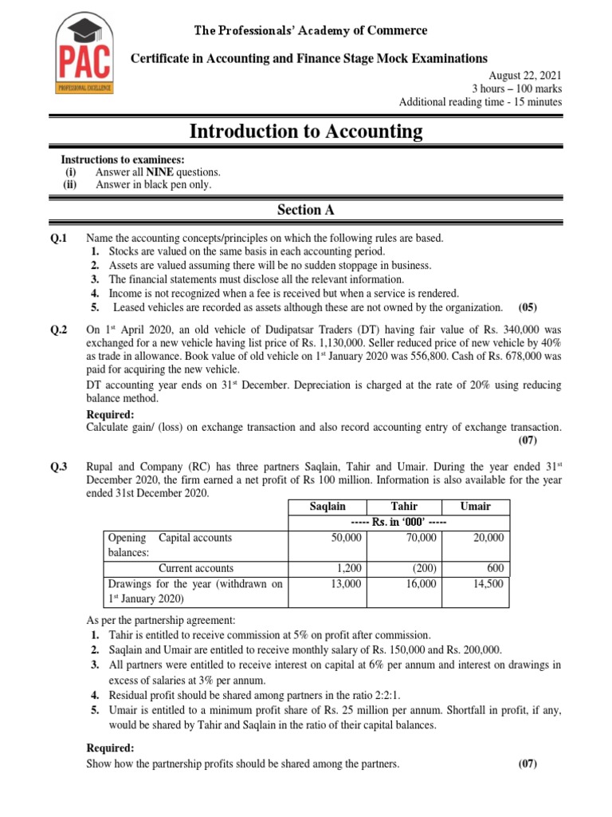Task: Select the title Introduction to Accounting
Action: tap(306, 132)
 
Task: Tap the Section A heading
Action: tap(306, 210)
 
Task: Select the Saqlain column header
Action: tap(327, 507)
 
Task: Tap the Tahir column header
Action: tap(404, 507)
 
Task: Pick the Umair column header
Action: tap(476, 507)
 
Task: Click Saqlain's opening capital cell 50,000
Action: tap(347, 539)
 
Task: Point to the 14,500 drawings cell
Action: tap(488, 584)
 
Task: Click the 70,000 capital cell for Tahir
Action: tap(421, 539)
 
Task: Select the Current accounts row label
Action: tap(196, 568)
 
